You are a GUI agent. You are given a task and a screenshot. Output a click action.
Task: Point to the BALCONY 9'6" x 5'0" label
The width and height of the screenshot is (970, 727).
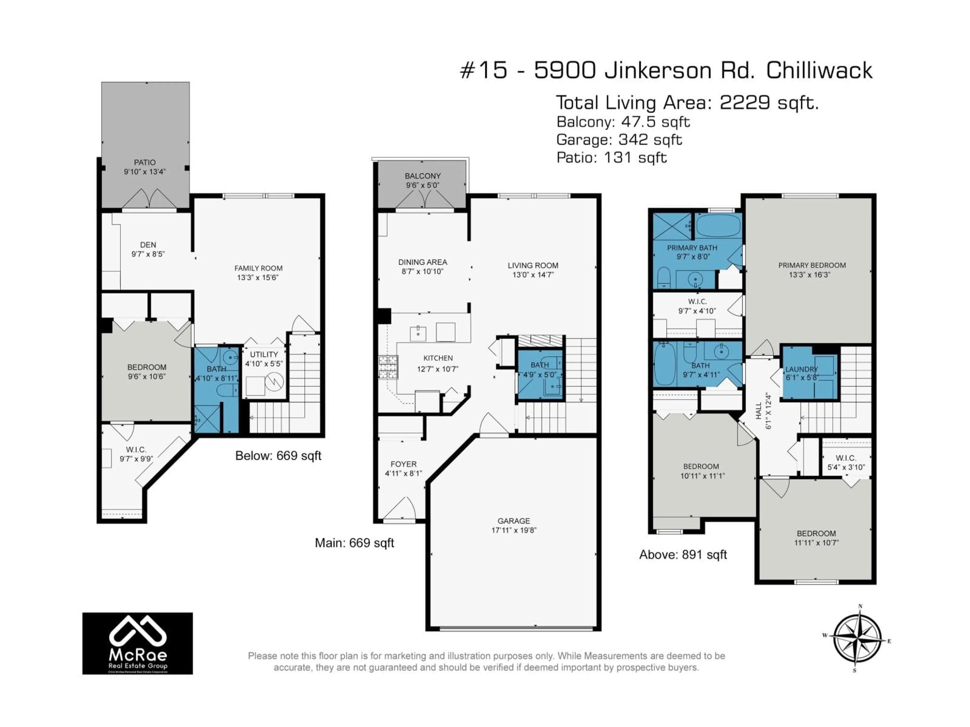[x=422, y=180]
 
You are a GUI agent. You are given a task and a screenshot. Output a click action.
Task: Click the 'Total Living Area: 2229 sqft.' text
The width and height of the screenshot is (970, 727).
[x=687, y=103]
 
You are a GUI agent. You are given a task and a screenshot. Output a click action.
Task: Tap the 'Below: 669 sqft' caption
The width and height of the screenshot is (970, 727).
[x=278, y=456]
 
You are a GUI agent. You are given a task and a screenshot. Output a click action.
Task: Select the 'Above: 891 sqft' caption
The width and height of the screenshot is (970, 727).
[x=683, y=555]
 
